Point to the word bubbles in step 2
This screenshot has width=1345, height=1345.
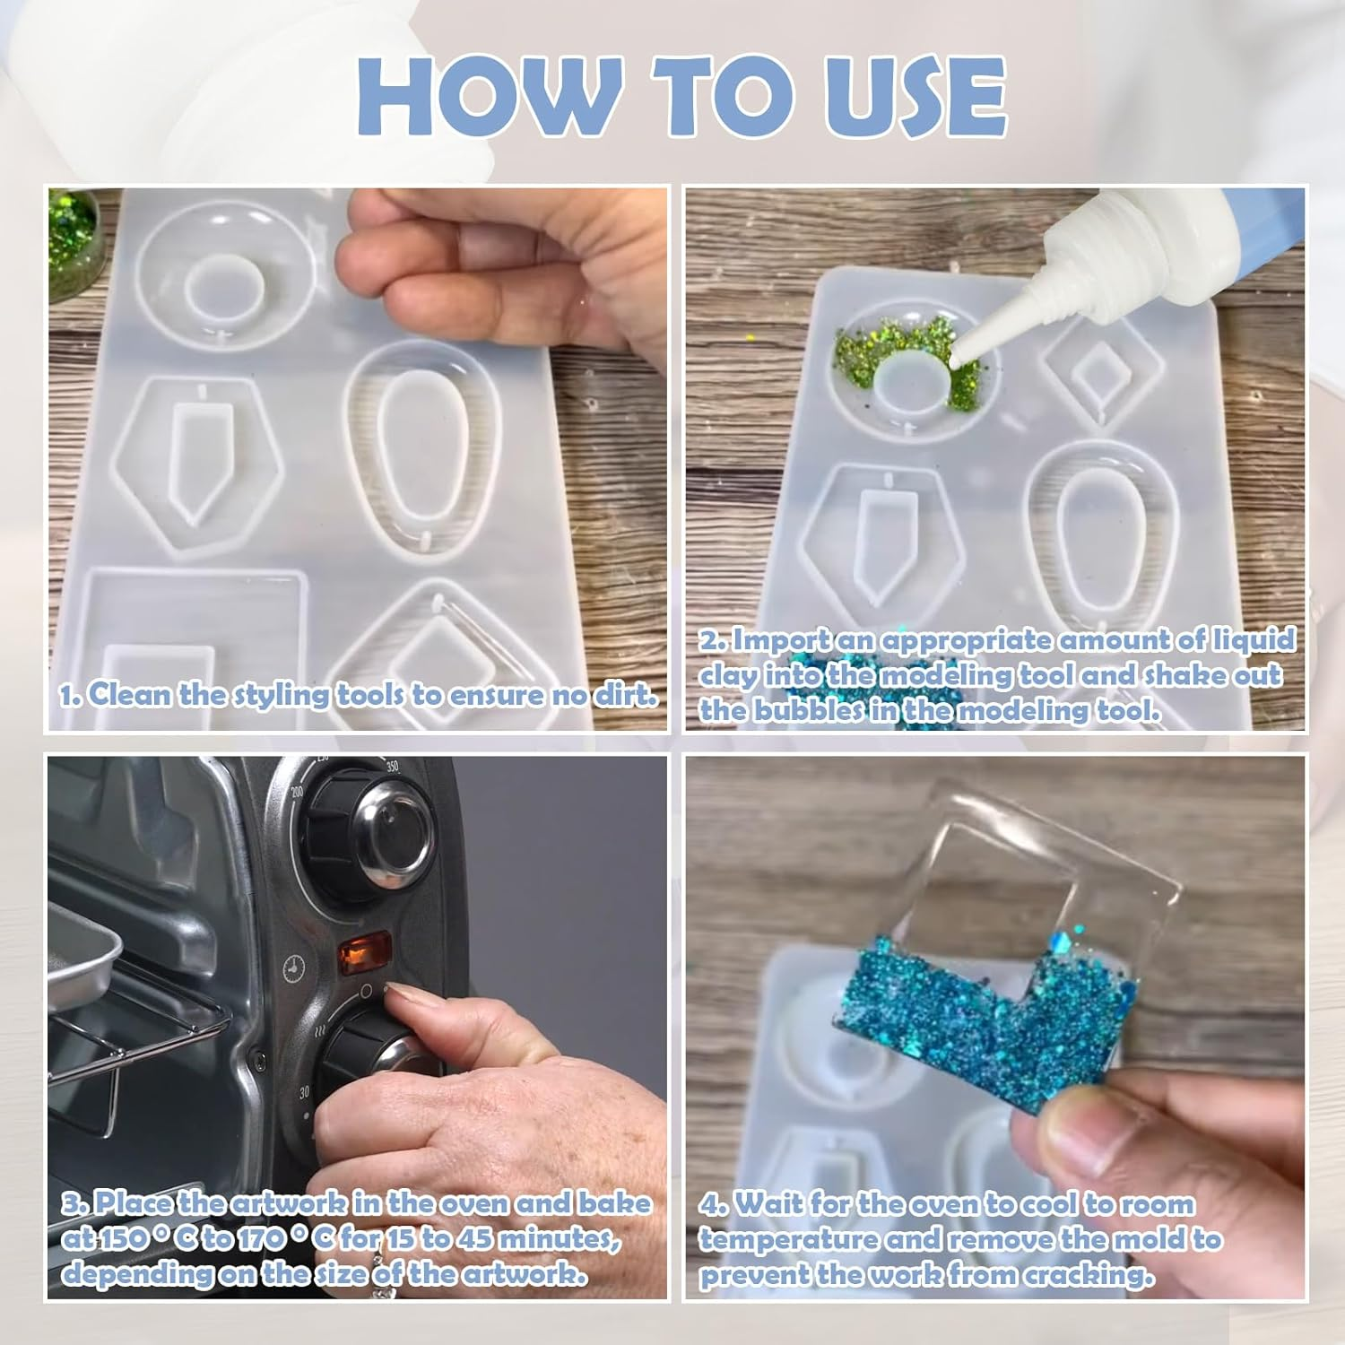coord(811,710)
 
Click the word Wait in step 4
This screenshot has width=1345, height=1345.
coord(770,1204)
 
